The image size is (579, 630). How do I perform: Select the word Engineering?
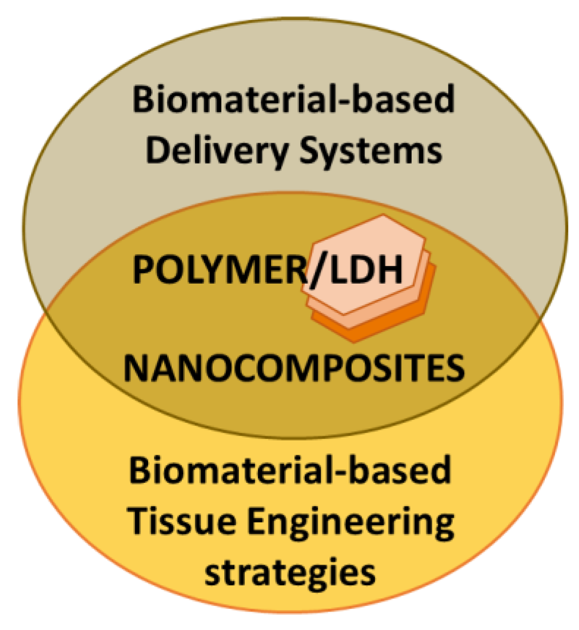350,524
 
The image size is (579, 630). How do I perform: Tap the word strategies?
290,572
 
